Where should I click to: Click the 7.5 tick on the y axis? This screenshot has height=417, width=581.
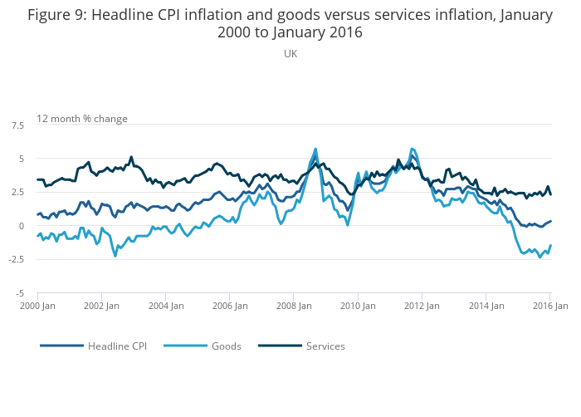coord(17,125)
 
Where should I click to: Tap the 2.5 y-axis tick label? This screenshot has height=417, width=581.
coord(17,192)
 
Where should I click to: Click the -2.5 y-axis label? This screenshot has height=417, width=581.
coord(16,259)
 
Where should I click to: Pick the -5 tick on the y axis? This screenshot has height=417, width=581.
coord(19,293)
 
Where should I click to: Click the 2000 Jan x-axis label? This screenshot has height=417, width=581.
coord(37,306)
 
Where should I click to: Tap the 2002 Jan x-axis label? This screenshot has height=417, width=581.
coord(101,306)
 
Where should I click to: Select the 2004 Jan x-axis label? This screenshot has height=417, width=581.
coord(165,306)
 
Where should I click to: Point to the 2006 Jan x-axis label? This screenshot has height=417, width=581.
coord(229,306)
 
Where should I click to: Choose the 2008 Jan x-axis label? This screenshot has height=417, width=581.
coord(294,306)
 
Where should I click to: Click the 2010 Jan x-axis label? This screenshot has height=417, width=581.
coord(358,306)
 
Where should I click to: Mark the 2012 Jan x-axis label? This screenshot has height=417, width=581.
coord(422,306)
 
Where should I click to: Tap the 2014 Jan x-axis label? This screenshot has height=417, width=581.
coord(486,306)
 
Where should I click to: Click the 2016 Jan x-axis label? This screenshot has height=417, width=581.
coord(549,306)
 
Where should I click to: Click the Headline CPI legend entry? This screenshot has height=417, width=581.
coord(117,346)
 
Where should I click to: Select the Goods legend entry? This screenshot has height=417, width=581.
coord(225,346)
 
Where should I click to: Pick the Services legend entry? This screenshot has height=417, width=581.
coord(325,346)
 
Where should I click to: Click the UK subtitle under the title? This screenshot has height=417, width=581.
coord(290,53)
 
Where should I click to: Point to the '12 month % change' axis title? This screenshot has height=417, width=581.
coord(82,119)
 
